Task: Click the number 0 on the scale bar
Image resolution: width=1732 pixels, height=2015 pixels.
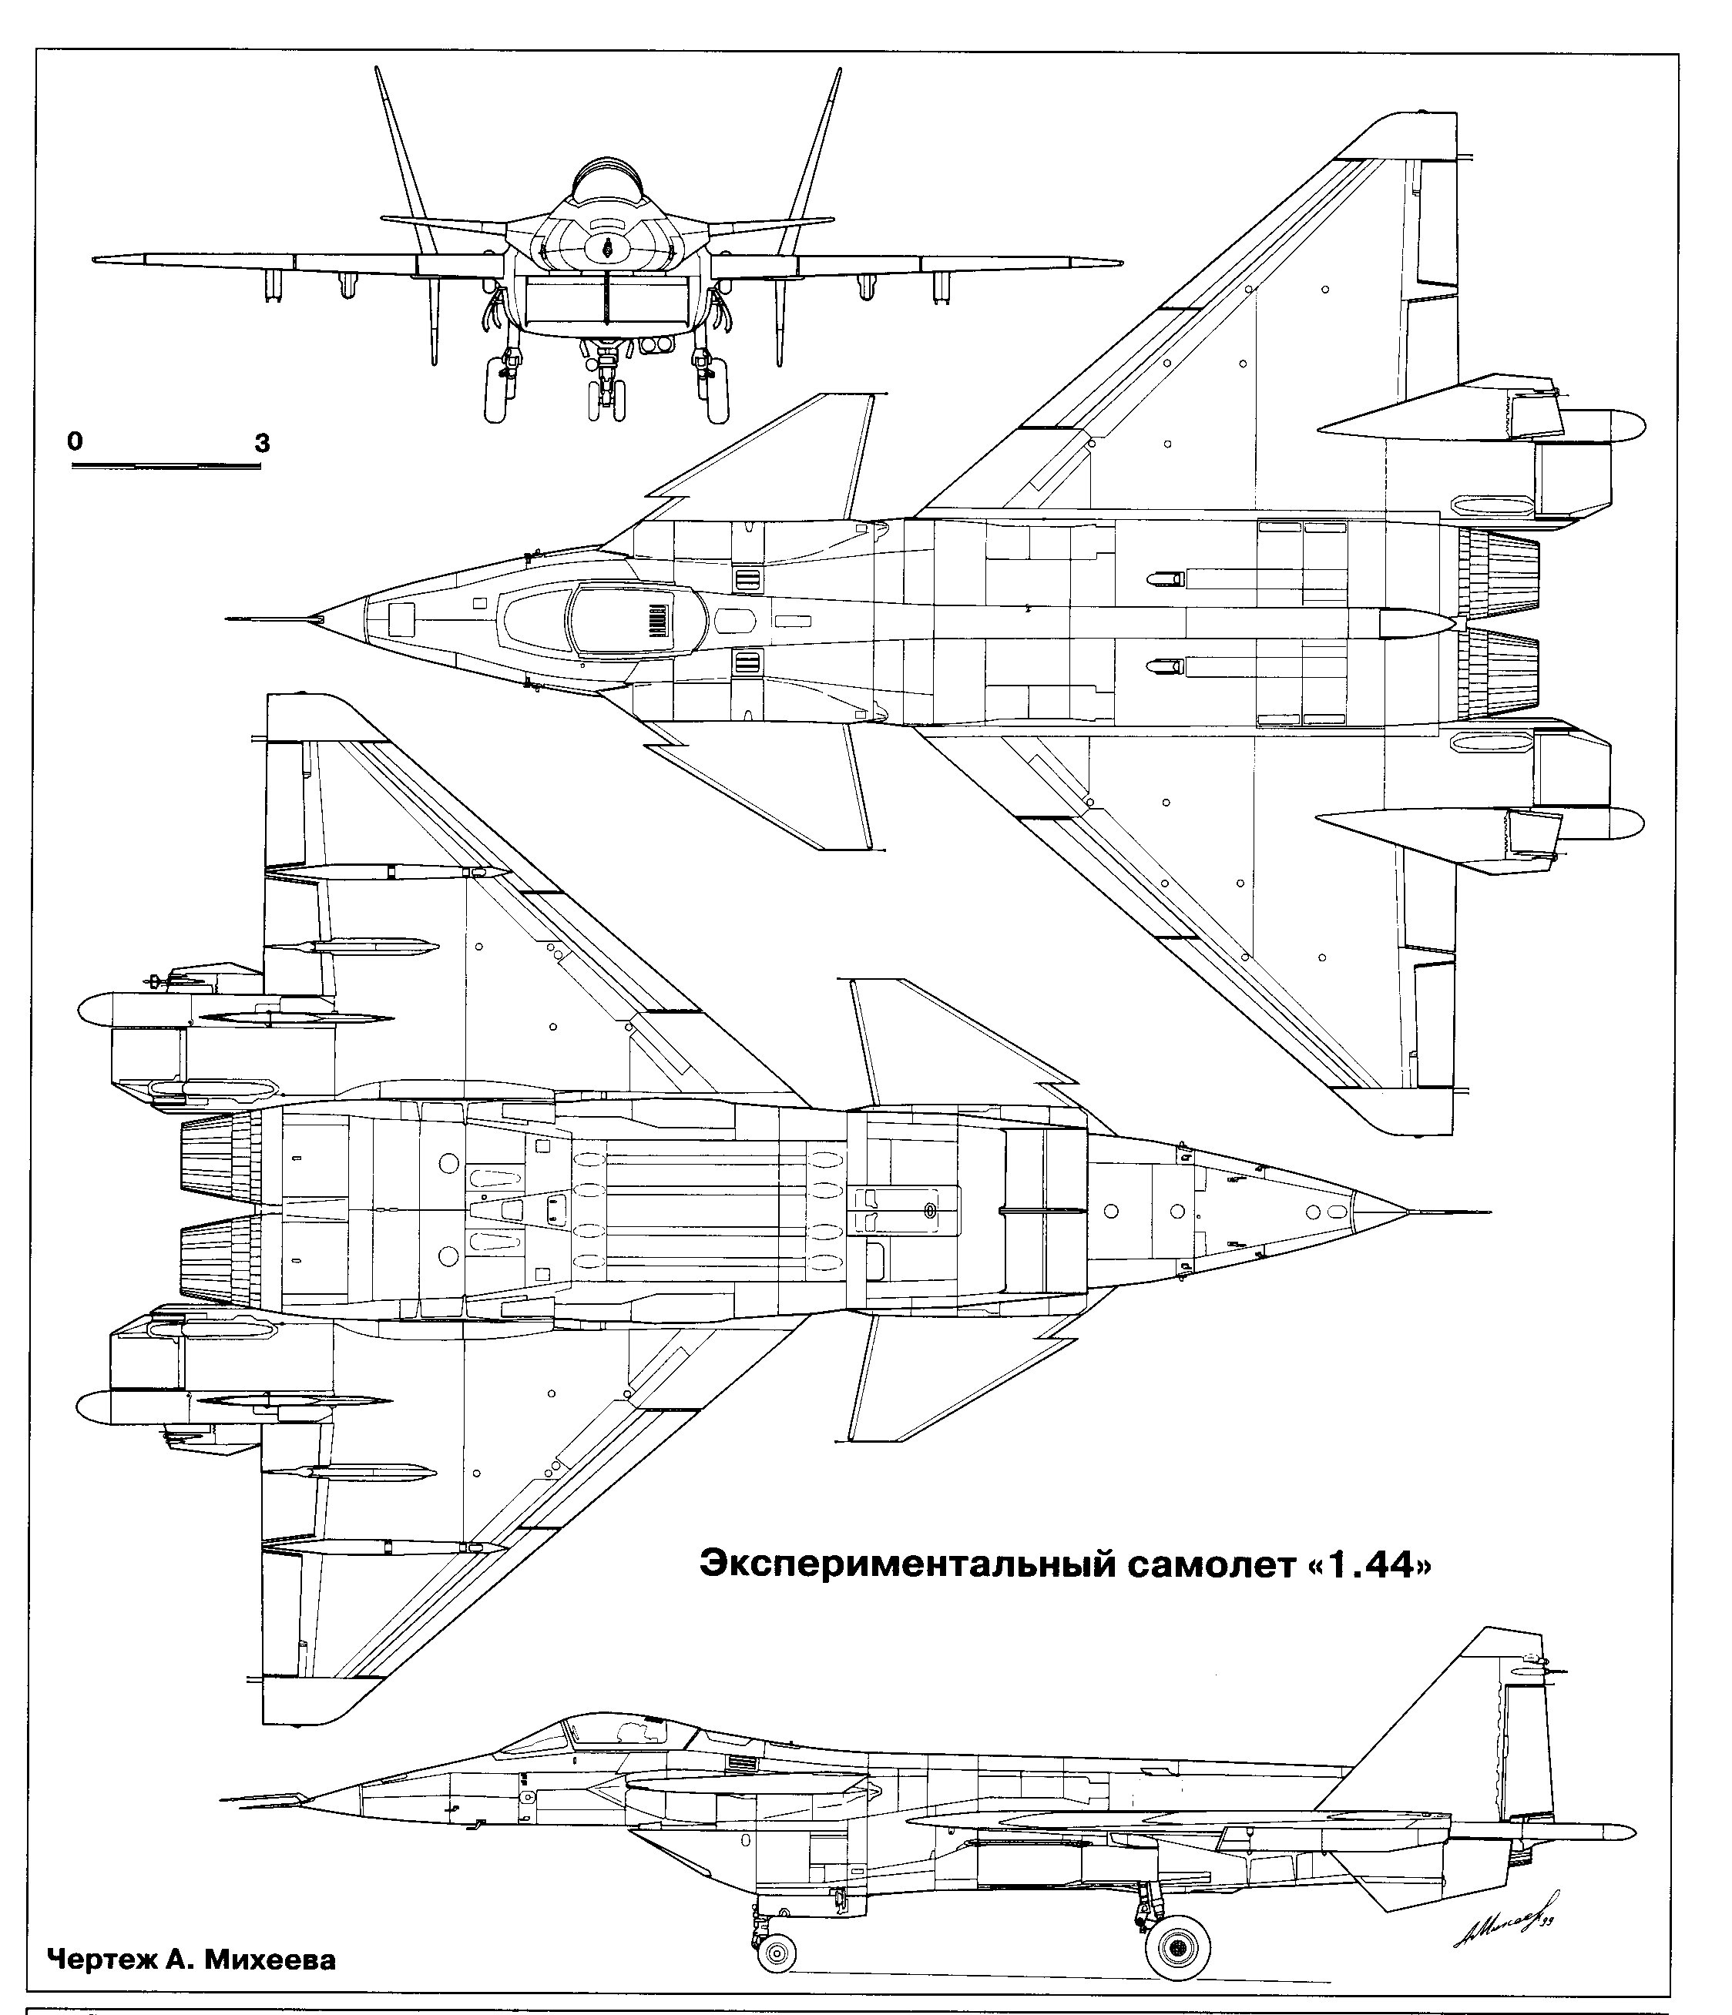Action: (75, 440)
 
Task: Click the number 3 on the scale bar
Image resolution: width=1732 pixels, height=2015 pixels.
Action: (262, 444)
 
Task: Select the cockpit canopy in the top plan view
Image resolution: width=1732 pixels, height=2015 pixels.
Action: (623, 619)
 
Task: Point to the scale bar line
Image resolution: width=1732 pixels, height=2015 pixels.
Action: (166, 467)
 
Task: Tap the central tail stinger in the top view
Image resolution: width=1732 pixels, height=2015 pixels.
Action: (1415, 623)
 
